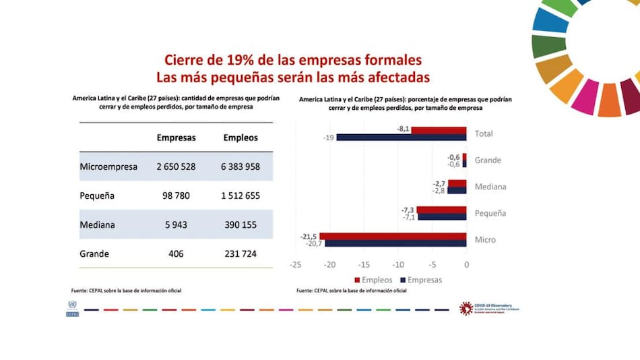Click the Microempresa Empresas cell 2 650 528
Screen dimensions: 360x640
point(177,167)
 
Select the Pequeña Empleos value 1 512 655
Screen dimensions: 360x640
point(241,196)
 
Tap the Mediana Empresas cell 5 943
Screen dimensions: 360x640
point(177,225)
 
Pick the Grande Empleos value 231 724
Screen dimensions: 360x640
point(241,254)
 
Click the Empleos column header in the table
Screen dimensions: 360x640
point(241,138)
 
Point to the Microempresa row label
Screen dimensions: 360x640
point(108,167)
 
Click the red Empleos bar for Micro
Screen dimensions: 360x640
point(393,236)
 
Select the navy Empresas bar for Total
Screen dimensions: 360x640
point(401,138)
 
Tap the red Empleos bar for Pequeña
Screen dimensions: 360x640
point(441,210)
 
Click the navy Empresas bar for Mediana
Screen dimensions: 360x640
point(457,191)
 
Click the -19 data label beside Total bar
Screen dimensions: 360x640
point(328,138)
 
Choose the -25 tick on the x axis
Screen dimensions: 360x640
point(294,265)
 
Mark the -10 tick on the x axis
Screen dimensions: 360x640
point(397,265)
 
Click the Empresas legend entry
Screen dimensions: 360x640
point(421,280)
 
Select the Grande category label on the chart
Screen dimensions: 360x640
point(488,160)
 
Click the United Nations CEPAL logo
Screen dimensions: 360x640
point(72,308)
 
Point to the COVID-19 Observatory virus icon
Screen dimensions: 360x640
point(466,308)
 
